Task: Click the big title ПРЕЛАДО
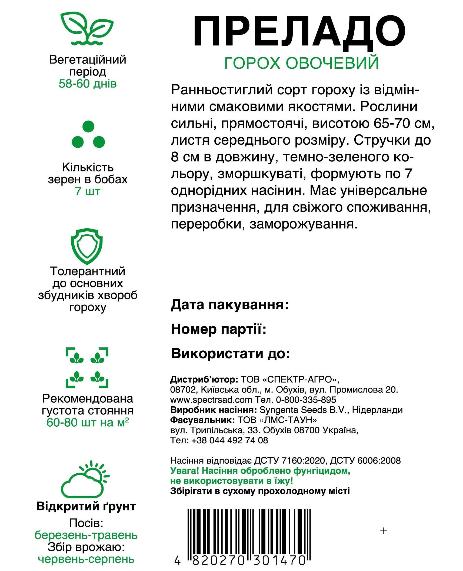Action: point(299,33)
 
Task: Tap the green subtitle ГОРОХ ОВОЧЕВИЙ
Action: point(301,63)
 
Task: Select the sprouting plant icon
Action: point(86,29)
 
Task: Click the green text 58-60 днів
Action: point(88,84)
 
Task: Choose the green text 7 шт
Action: point(88,191)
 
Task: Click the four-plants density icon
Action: point(87,368)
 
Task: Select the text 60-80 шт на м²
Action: point(88,422)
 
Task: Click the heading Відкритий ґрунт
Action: point(86,506)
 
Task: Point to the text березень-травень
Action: point(86,535)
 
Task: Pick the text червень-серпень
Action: point(86,559)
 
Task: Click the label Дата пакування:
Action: point(230,305)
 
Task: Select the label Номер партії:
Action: point(219,329)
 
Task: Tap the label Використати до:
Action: point(231,353)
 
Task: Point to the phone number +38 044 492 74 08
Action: point(229,440)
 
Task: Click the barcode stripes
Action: point(247,531)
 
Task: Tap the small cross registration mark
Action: point(384,531)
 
